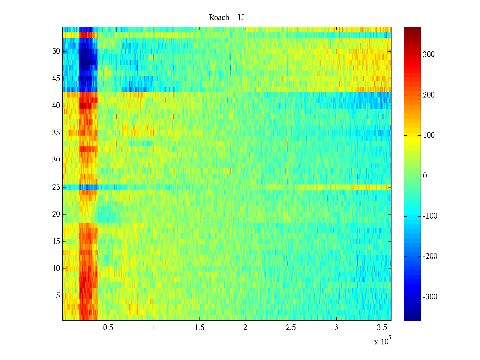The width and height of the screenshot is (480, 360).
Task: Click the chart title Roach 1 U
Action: point(226,18)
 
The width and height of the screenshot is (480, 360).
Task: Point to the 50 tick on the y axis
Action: point(56,51)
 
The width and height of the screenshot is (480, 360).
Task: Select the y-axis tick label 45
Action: point(56,79)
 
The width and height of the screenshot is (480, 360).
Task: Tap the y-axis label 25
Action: point(56,187)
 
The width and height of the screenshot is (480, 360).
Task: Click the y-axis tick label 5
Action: point(58,296)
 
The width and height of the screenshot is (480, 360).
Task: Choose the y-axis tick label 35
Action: point(56,133)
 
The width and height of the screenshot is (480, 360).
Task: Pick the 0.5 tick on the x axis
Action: point(108,328)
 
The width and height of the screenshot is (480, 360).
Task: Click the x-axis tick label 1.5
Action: point(199,328)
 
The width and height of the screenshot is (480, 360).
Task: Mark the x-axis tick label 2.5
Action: point(291,328)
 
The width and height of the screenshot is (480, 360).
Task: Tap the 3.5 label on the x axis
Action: point(382,328)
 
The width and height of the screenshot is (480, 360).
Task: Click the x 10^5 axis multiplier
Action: point(382,341)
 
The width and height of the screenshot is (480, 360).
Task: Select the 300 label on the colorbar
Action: point(429,55)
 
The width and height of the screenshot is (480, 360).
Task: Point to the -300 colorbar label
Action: point(430,297)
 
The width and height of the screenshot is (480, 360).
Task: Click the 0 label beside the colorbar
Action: point(425,176)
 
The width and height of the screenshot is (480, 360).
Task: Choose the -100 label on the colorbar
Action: point(430,216)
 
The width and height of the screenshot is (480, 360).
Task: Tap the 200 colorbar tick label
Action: point(429,95)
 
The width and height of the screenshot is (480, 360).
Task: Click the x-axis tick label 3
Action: point(336,328)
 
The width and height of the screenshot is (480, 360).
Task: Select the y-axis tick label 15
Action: point(56,241)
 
